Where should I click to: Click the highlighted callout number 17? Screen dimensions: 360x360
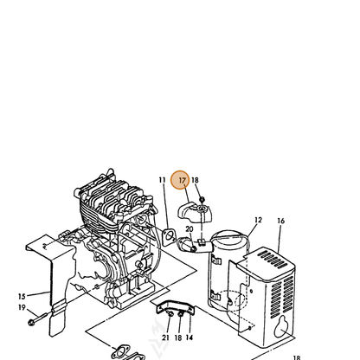tap(182, 180)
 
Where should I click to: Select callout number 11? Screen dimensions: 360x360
tap(162, 180)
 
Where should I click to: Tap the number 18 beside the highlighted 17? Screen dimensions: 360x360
tap(195, 180)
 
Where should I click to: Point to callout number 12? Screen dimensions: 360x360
tap(258, 220)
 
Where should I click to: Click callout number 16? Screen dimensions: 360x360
tap(280, 221)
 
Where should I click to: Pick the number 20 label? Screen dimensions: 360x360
tap(190, 229)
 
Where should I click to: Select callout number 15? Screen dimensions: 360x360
tap(22, 296)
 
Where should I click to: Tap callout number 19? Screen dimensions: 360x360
tap(22, 307)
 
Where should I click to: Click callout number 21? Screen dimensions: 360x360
tap(165, 337)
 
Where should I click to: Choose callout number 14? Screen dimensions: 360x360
tap(190, 337)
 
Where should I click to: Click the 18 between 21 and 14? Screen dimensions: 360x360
tap(178, 337)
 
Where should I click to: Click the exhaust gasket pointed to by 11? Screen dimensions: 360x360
tap(170, 237)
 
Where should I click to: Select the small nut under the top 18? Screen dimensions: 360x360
tap(202, 199)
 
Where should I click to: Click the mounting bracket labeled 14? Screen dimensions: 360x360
tap(176, 307)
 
